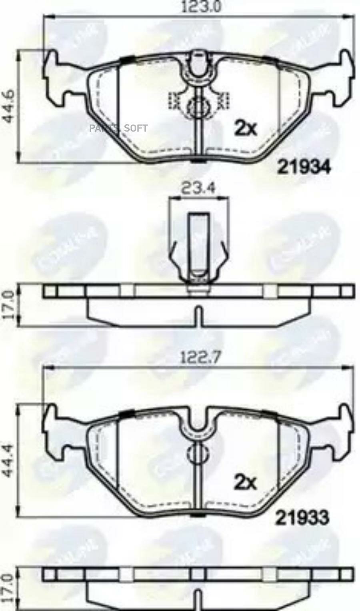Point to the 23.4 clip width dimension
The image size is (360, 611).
click(x=198, y=188)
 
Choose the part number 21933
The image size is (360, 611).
click(x=302, y=519)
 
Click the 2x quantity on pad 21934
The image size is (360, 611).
click(x=245, y=128)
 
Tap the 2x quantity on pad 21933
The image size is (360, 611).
click(x=245, y=483)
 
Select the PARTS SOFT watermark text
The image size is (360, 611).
click(x=118, y=128)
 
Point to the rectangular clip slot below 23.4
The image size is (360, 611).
click(x=198, y=244)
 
